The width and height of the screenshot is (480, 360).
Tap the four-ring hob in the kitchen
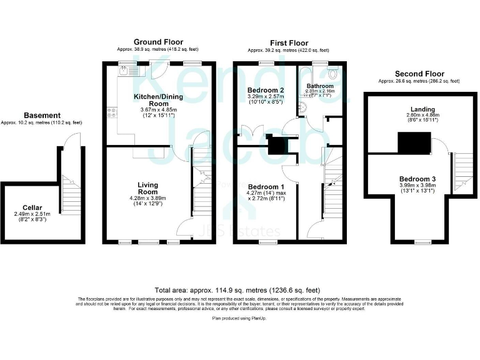point(112,113)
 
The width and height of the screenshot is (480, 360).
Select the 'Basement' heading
point(42,115)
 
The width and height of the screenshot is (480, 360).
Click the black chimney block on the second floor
point(414,143)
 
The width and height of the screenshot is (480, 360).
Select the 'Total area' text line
point(237,291)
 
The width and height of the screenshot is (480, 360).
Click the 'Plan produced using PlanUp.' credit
point(240,318)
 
